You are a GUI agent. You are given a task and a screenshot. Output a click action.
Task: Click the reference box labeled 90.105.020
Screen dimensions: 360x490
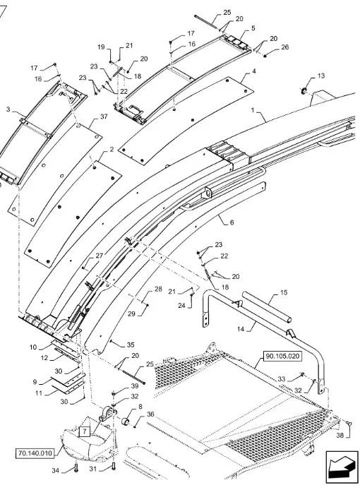click(x=282, y=356)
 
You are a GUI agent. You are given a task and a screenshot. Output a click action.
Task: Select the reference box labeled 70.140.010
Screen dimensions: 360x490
click(x=35, y=453)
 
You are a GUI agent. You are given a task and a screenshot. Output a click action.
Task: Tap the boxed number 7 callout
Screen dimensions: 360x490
click(x=85, y=431)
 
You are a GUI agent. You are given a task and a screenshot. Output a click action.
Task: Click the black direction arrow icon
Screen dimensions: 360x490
click(x=342, y=466)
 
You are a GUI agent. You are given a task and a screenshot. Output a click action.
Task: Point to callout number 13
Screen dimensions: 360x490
click(x=321, y=76)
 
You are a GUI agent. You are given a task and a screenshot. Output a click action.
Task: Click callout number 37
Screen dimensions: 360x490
click(x=104, y=116)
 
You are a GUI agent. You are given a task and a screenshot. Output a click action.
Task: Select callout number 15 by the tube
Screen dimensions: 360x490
click(x=284, y=293)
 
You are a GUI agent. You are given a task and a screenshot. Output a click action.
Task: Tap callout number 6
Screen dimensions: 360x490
click(x=232, y=222)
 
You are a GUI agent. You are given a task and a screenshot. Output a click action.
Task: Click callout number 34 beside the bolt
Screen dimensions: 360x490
click(x=55, y=470)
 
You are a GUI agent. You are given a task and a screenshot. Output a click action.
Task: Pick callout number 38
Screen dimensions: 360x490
click(x=340, y=435)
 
